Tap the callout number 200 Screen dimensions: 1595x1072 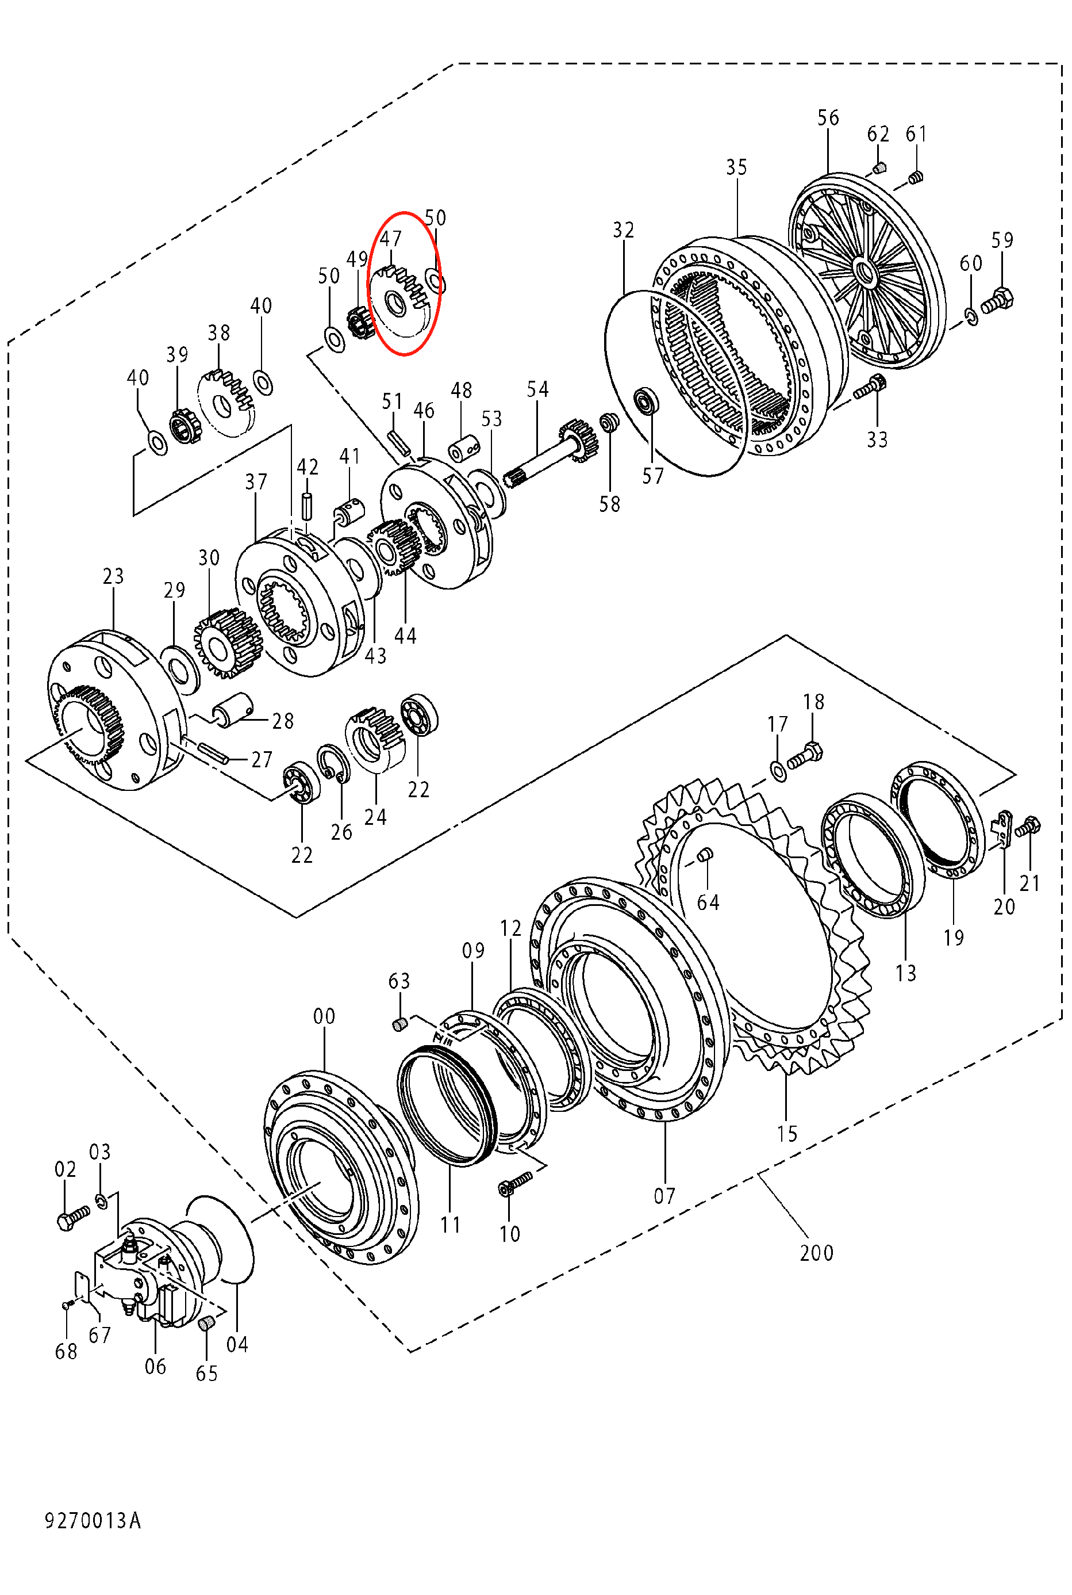pyautogui.click(x=816, y=1253)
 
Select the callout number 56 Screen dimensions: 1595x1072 pyautogui.click(x=828, y=118)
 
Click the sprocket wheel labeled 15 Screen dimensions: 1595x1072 pyautogui.click(x=759, y=916)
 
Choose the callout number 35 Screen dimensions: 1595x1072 pyautogui.click(x=736, y=167)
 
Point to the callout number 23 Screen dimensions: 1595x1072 pyautogui.click(x=113, y=576)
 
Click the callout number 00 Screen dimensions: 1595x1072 pyautogui.click(x=324, y=1016)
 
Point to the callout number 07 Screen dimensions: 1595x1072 pyautogui.click(x=664, y=1196)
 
